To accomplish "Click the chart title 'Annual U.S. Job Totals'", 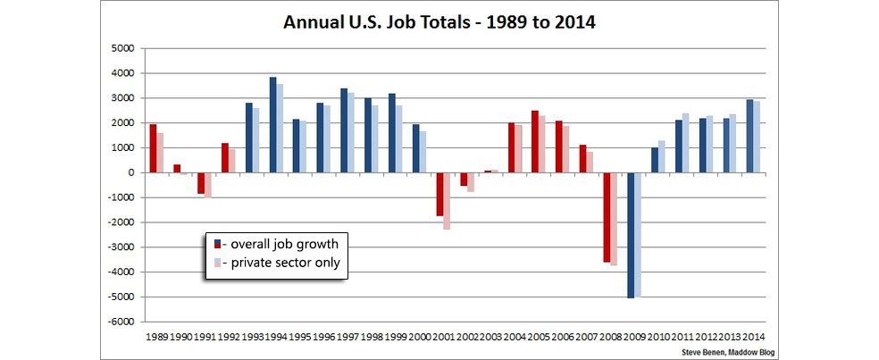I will click(439, 21).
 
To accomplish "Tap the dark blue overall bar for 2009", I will click(630, 235).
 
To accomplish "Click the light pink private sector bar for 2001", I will click(447, 201).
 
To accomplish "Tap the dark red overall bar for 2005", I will click(535, 141).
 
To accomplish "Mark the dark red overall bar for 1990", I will click(177, 168).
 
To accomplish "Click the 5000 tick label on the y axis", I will click(121, 48).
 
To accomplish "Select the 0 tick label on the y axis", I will click(130, 172).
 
